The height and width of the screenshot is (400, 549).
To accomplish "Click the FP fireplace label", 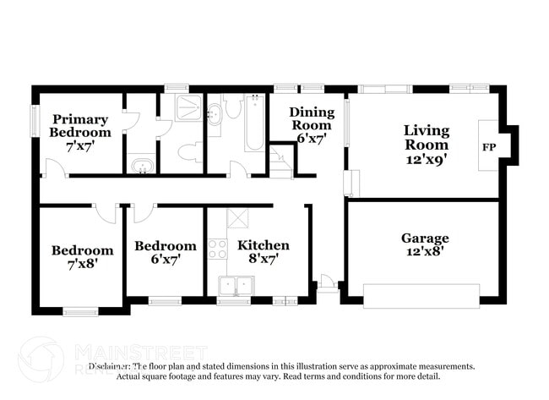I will coord(488,147).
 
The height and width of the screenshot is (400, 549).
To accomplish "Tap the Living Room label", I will coord(426,145).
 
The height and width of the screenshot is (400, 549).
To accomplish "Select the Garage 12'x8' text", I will coord(424,245).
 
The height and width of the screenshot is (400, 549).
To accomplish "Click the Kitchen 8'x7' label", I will coord(263,252).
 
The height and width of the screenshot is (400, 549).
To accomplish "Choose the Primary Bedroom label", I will coord(79,133).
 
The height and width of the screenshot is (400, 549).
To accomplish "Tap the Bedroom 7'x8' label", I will coord(82,257).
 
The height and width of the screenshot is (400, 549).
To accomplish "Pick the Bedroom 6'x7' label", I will coord(165,253).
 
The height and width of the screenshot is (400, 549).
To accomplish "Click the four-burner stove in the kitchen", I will coord(218,249).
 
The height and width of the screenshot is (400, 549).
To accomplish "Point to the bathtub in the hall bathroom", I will coord(254,123).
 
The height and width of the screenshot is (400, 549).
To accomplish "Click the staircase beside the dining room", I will coord(280,162).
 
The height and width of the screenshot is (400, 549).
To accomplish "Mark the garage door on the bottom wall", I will coord(421,296).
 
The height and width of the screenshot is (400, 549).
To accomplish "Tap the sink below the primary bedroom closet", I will coord(141,165).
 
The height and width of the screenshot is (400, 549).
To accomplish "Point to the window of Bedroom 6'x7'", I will coord(165,299).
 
